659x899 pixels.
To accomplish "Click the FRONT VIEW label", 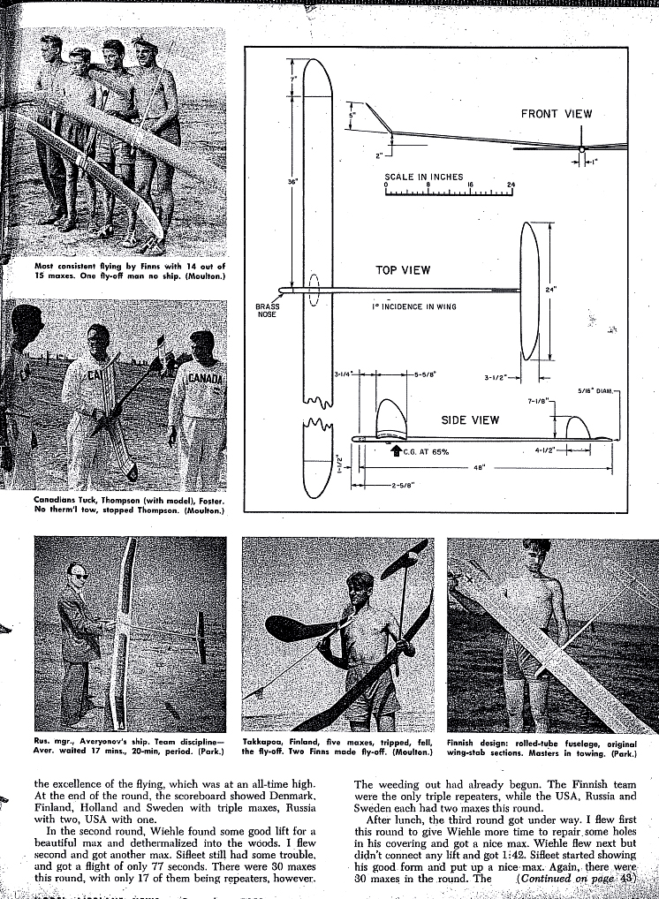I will click(x=556, y=114).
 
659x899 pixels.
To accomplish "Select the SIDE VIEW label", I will click(x=470, y=420).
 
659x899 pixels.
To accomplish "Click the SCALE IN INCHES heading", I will click(x=423, y=177).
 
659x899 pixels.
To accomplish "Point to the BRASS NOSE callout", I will click(x=267, y=310).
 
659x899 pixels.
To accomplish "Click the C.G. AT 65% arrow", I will click(x=397, y=451).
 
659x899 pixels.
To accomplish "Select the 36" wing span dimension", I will click(x=292, y=183).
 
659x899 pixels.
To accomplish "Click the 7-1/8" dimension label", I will click(x=537, y=401).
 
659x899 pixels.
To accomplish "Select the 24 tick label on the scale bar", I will click(x=511, y=185).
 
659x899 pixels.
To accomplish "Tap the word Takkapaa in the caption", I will click(x=262, y=744).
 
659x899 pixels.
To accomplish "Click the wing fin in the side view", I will click(x=390, y=419).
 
